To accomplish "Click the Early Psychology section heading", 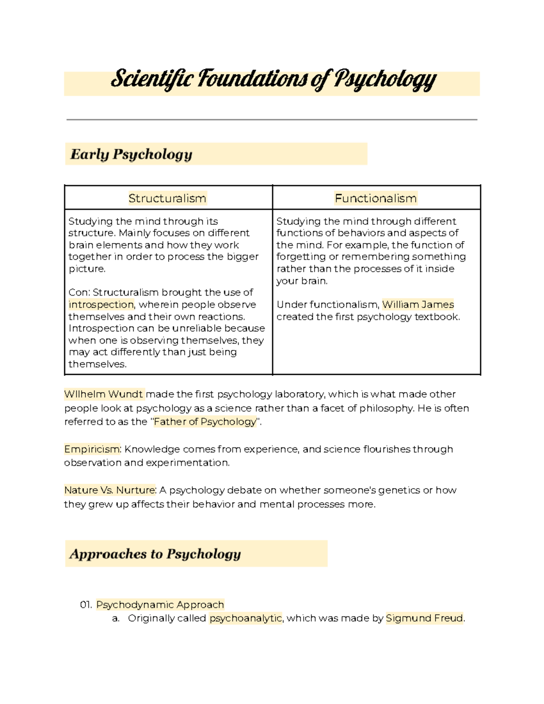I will (131, 155).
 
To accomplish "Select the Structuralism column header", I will (167, 198).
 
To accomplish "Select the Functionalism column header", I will (375, 198).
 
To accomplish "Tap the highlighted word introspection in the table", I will (101, 305).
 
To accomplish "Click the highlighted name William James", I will (418, 305).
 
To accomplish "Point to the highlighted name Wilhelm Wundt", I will (104, 394).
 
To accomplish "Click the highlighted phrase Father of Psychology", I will (205, 422).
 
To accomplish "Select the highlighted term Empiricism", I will (92, 449).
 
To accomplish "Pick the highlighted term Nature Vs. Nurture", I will (110, 490).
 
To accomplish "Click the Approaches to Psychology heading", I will (155, 554).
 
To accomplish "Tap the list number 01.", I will (86, 605).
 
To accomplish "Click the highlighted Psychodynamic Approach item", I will (160, 605).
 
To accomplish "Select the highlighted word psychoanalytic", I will (245, 618).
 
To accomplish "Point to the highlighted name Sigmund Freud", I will (424, 618).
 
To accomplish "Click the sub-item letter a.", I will (116, 618).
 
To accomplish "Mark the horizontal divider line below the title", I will (272, 120).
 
